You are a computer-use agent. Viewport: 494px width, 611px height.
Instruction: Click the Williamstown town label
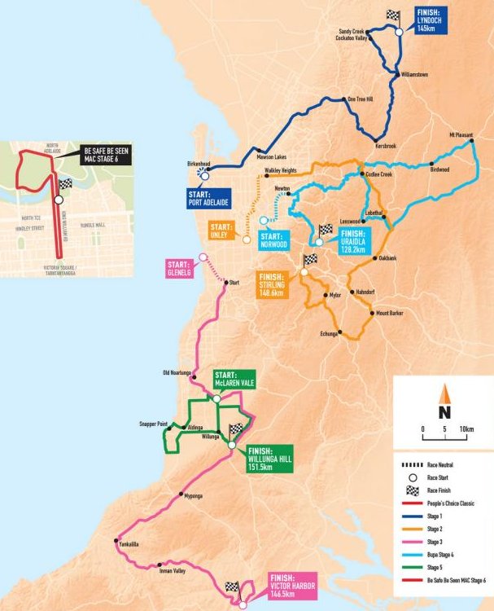point(420,74)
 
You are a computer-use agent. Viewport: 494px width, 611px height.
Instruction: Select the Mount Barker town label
point(391,312)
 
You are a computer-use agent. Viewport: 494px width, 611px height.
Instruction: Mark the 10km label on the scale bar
point(466,428)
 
